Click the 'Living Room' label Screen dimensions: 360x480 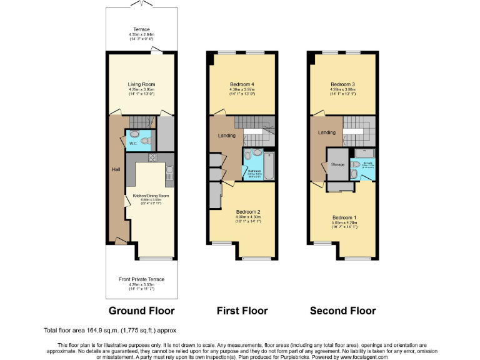point(141,84)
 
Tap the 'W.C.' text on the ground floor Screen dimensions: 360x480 point(133,144)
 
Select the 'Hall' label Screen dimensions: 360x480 point(115,169)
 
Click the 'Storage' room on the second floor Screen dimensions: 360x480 point(337,164)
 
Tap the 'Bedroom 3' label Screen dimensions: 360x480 point(342,84)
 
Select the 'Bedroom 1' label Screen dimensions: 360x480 point(342,217)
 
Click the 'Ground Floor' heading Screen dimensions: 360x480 point(141,311)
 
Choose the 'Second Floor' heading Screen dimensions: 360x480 point(342,311)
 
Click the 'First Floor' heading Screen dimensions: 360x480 point(242,311)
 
